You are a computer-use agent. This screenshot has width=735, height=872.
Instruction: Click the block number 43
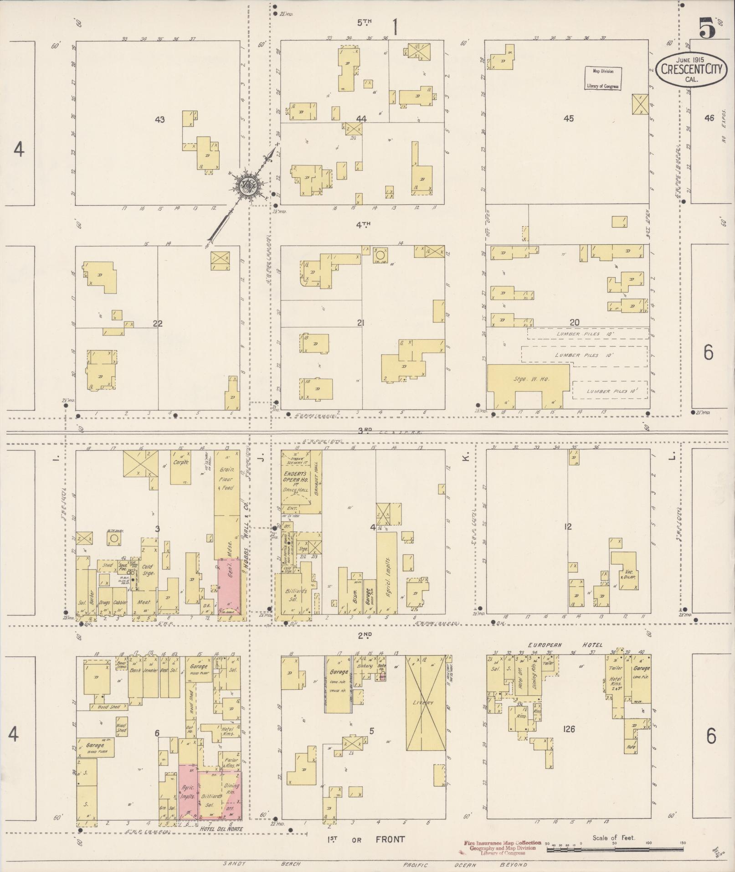click(159, 120)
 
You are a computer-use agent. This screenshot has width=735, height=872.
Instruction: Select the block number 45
click(568, 119)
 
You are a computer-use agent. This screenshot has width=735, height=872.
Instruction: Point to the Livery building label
click(425, 703)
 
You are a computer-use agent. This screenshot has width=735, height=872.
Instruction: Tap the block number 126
click(569, 729)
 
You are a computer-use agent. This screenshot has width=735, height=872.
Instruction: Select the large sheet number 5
click(707, 29)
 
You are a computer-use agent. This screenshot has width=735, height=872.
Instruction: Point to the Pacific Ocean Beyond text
click(465, 865)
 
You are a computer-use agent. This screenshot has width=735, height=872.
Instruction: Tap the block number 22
click(158, 324)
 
